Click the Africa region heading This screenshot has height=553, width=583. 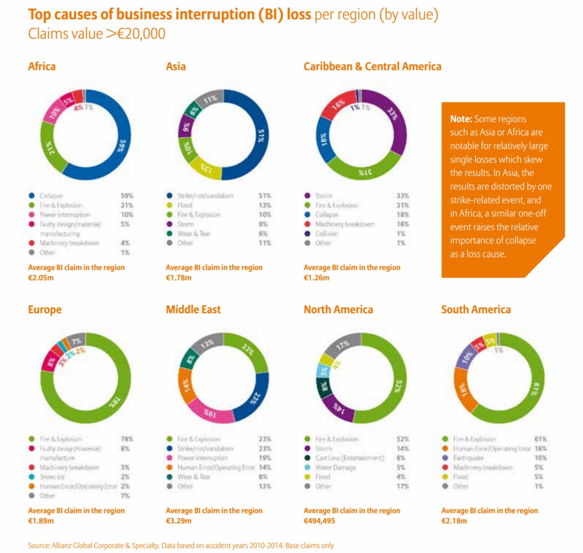[42, 66]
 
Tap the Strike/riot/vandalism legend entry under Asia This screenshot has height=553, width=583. [205, 196]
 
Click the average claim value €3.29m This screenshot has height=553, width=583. [179, 521]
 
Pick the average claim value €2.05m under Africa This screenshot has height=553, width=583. [41, 277]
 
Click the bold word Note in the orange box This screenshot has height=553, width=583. [462, 119]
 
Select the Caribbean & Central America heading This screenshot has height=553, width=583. [372, 66]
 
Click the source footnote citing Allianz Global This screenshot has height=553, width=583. [181, 545]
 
